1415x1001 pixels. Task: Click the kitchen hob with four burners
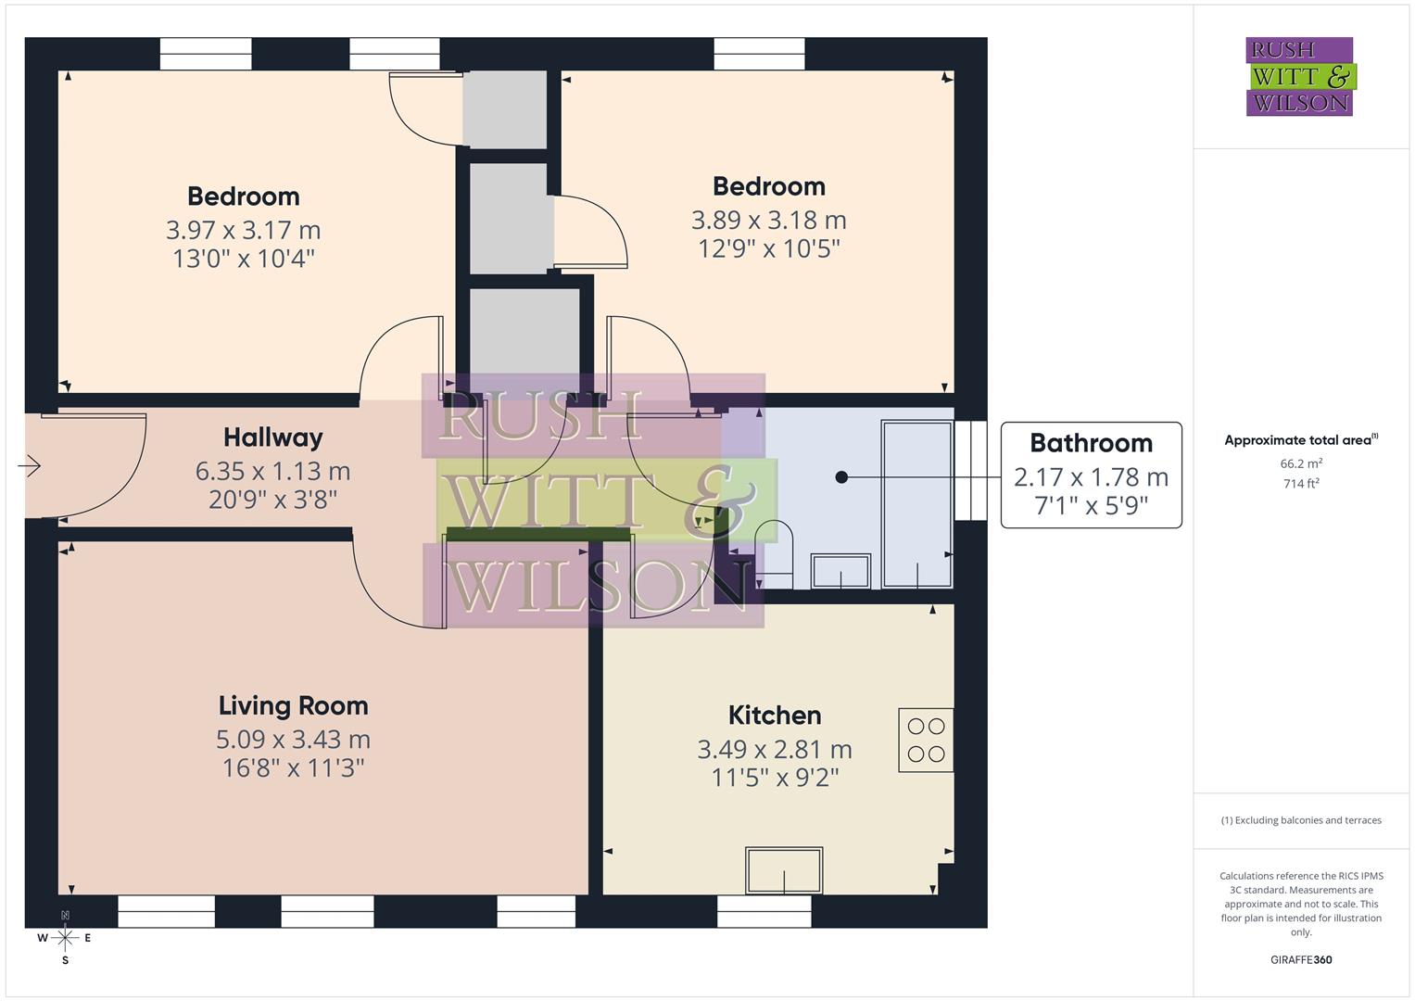(926, 741)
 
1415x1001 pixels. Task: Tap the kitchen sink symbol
(784, 870)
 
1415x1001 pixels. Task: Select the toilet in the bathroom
(774, 554)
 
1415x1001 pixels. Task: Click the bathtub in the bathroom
(917, 504)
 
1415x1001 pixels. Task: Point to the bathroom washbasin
(840, 571)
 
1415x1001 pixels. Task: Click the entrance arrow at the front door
(30, 465)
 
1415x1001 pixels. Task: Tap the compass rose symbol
(65, 938)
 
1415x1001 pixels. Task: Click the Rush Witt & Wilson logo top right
(1299, 77)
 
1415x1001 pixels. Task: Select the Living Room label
(293, 706)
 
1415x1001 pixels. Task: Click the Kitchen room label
(775, 716)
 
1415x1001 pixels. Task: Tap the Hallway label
(272, 437)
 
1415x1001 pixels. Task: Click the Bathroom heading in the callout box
(1091, 443)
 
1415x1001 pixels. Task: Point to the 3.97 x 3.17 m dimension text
(243, 230)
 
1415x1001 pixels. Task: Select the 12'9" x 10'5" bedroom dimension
(768, 248)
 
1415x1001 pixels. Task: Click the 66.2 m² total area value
(1300, 463)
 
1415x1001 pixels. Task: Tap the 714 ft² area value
(1300, 484)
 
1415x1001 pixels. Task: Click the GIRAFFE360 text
(1300, 960)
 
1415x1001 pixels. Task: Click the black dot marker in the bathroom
(841, 477)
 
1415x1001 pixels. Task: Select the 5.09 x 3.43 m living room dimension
(293, 740)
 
